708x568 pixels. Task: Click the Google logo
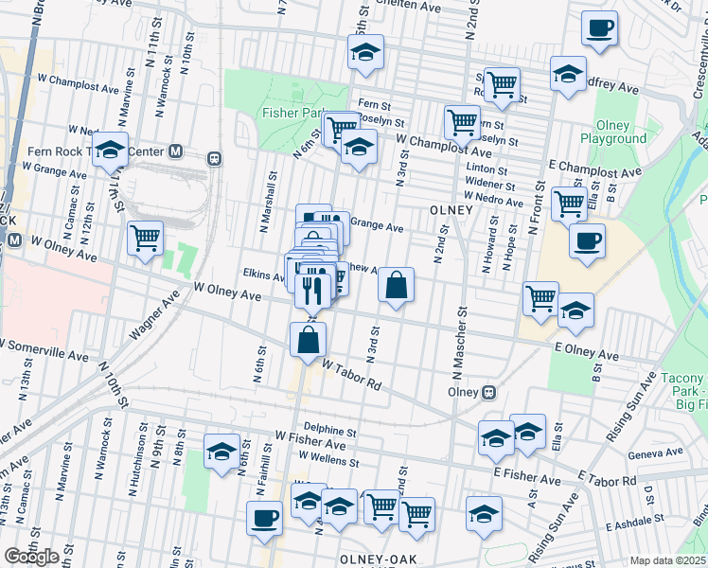[x=32, y=557]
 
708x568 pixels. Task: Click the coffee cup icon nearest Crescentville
[x=598, y=28]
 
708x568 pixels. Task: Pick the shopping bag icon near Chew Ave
[x=396, y=286]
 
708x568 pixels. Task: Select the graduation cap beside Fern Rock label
[x=110, y=151]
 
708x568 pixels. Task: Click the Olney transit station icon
[x=489, y=392]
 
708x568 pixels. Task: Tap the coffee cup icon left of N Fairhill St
[x=264, y=518]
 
